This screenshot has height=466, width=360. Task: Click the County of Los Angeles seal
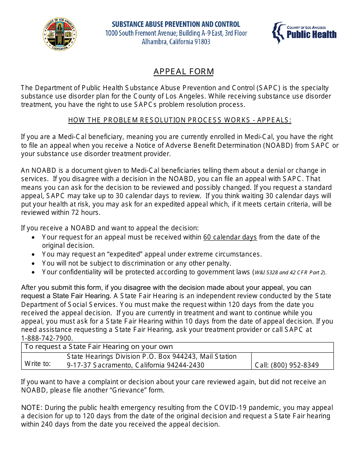coord(59,34)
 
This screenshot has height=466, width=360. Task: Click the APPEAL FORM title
coord(183,72)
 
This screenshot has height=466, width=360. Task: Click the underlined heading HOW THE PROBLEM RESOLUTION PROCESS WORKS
coord(180,120)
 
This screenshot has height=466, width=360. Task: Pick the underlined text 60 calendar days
coord(230,237)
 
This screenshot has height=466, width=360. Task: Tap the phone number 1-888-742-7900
coord(47,338)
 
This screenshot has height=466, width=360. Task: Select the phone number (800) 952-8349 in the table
coord(297,365)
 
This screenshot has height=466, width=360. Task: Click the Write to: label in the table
coord(38,364)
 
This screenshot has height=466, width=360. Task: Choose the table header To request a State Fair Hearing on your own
coord(99,347)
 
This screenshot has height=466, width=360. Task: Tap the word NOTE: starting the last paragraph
coord(32,408)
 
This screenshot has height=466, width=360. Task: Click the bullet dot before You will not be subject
coord(34,263)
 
